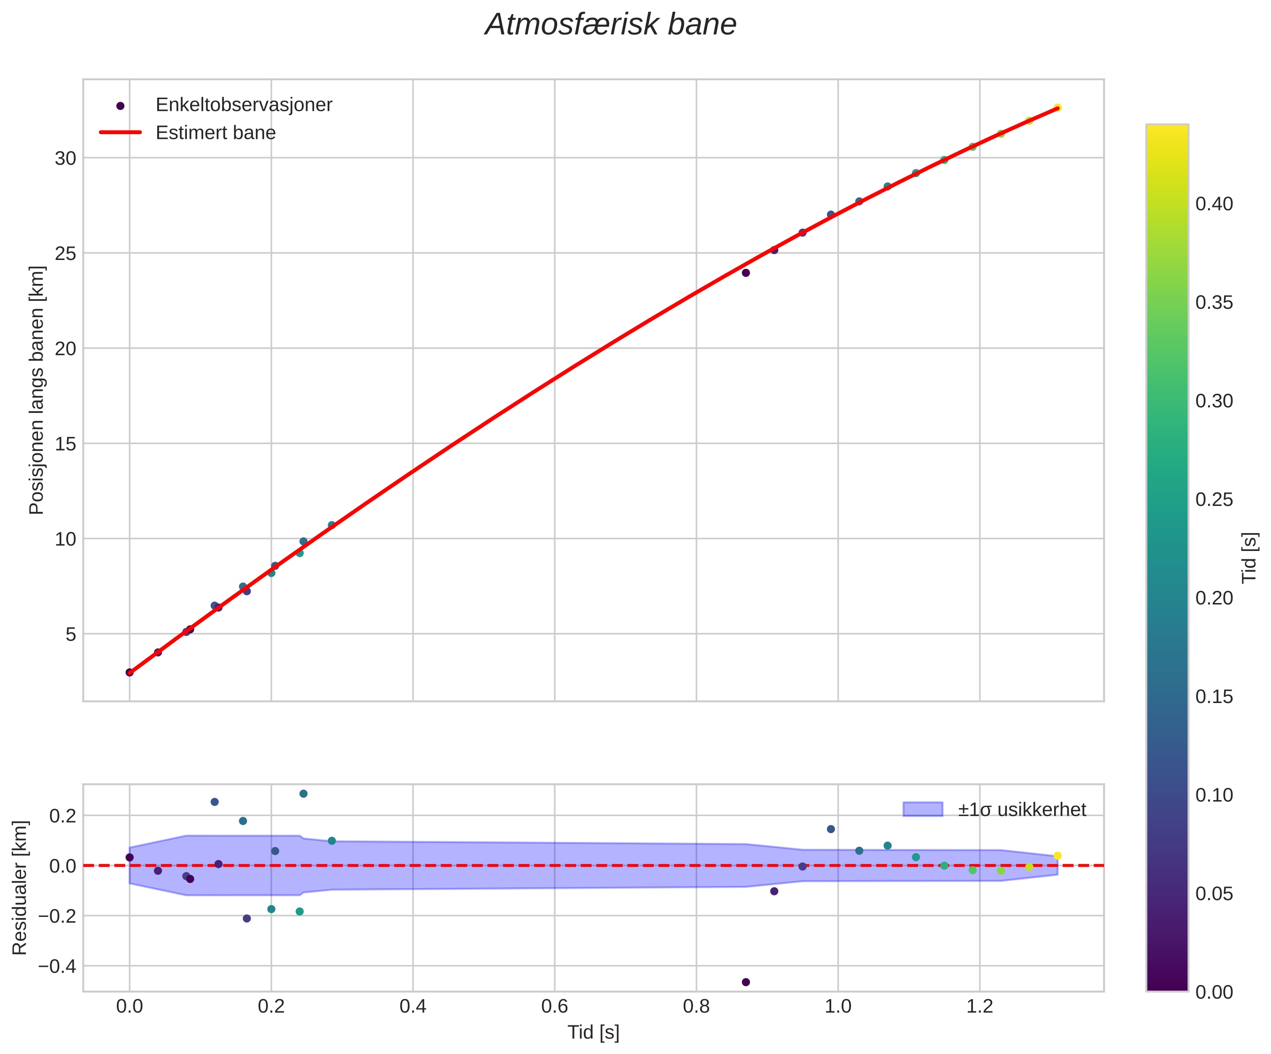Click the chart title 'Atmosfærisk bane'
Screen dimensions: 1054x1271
pyautogui.click(x=611, y=25)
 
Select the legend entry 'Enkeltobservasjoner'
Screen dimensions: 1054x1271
pyautogui.click(x=244, y=105)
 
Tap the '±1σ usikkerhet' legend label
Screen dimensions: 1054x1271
pyautogui.click(x=1022, y=810)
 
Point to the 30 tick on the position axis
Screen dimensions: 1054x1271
pyautogui.click(x=65, y=159)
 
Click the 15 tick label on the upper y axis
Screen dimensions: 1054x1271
pyautogui.click(x=65, y=443)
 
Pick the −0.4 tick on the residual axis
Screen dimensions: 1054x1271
pyautogui.click(x=58, y=966)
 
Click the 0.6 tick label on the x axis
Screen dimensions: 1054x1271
pyautogui.click(x=554, y=1008)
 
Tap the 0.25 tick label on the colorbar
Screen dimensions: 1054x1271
pyautogui.click(x=1214, y=500)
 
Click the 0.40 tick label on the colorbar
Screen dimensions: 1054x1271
pyautogui.click(x=1214, y=204)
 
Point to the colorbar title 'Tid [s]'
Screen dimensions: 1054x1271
pyautogui.click(x=1250, y=557)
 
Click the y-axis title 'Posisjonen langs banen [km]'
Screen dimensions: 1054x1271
pyautogui.click(x=37, y=390)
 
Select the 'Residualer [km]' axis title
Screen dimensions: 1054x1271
pyautogui.click(x=20, y=887)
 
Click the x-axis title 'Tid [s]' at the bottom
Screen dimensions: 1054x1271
pyautogui.click(x=593, y=1033)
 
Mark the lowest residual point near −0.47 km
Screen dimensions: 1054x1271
pyautogui.click(x=746, y=982)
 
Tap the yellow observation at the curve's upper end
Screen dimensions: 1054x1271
pyautogui.click(x=1057, y=107)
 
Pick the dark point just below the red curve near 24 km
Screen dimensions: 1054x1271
pyautogui.click(x=746, y=273)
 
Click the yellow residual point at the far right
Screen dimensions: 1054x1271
pyautogui.click(x=1057, y=855)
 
